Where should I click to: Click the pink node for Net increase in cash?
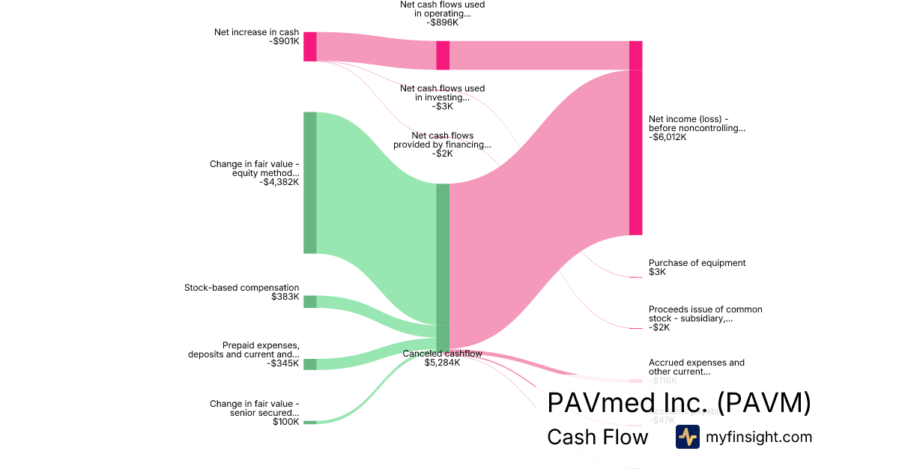coord(309,46)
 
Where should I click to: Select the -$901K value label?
coord(284,41)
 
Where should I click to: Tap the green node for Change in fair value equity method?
coord(309,182)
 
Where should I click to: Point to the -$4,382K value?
coord(279,182)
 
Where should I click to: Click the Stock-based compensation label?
coord(241,288)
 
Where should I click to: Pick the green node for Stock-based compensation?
coord(309,301)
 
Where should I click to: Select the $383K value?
coord(285,297)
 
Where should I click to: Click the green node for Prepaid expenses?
coord(309,364)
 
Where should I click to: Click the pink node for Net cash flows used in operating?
coord(443,55)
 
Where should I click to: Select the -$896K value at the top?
coord(442,22)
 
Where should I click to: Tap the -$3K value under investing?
coord(442,106)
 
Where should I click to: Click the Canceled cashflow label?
coord(442,354)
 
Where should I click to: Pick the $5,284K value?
coord(442,363)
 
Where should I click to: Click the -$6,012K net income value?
coord(668,137)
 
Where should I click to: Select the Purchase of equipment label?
coord(697,263)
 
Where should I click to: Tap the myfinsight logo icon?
coord(687,437)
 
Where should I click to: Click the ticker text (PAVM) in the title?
coord(764,403)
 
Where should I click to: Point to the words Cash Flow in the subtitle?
coord(597,437)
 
